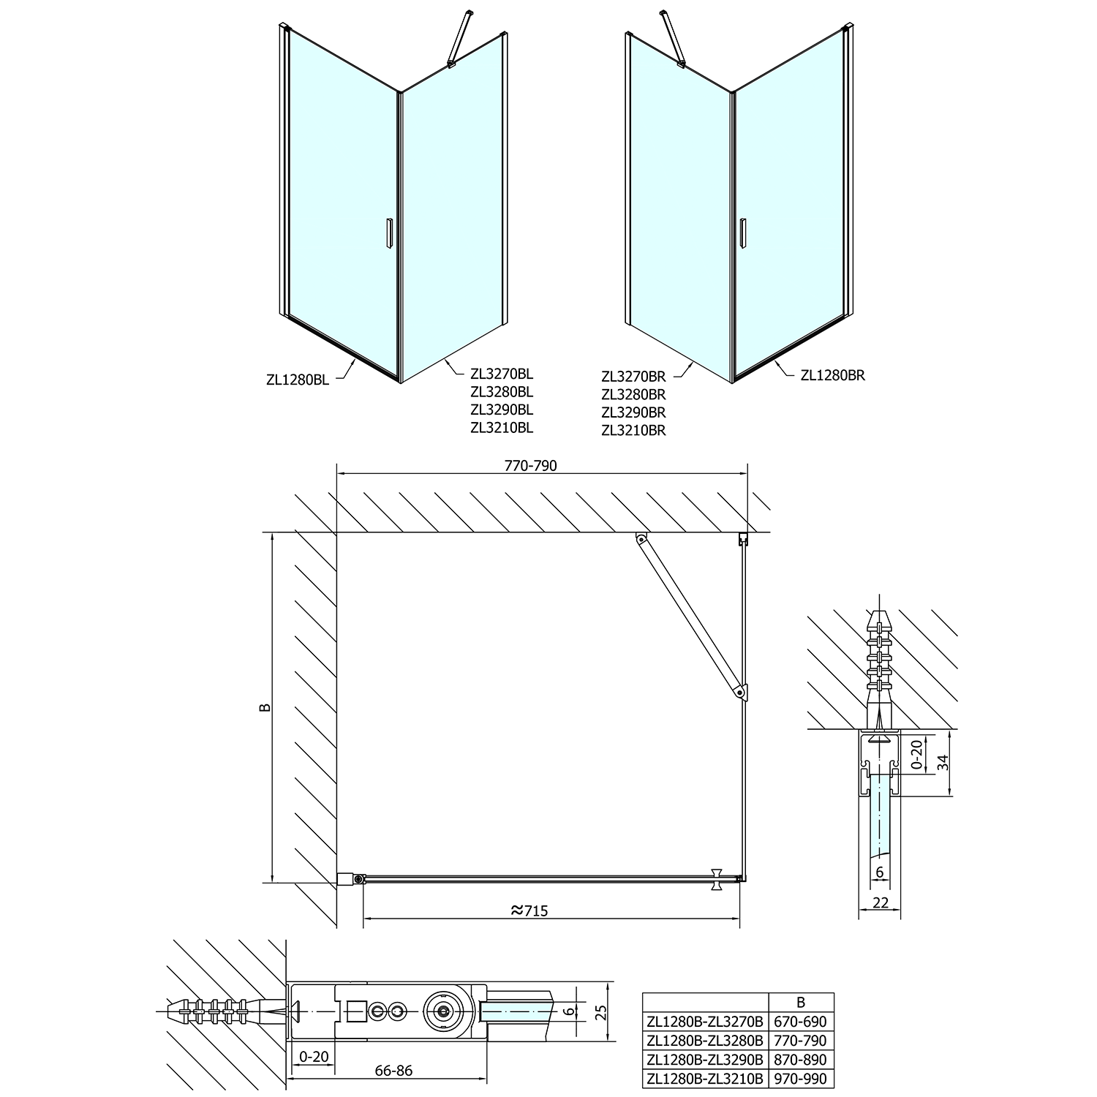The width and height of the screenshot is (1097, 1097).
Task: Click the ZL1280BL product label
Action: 298,379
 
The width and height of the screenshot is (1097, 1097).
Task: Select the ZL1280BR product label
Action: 833,375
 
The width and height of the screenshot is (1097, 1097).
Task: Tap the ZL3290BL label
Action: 502,410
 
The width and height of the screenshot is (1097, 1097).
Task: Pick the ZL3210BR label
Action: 633,431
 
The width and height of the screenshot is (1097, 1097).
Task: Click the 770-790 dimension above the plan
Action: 530,466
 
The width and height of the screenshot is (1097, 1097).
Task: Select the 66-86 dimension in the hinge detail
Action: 393,1071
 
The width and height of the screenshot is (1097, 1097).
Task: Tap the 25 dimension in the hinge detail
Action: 601,1012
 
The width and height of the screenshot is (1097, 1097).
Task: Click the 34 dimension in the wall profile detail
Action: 943,762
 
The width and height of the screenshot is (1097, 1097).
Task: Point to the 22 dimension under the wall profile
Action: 881,902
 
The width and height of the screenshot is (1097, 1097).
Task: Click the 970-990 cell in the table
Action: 802,1079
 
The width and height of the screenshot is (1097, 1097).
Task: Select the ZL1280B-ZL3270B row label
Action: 705,1022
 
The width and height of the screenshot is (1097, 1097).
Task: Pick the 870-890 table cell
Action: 802,1060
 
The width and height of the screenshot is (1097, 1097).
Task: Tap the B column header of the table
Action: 801,1002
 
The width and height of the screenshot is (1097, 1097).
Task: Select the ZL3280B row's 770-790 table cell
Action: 802,1041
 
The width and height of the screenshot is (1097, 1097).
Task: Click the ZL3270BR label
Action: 633,377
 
